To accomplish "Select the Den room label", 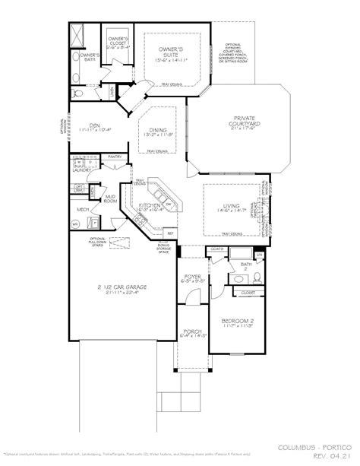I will tap(93, 125).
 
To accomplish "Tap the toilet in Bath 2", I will tap(257, 276).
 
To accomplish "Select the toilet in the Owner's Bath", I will tap(73, 58).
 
